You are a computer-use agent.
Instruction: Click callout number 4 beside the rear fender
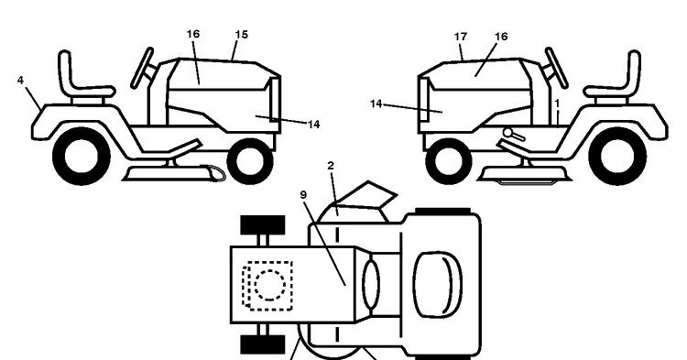(x=20, y=81)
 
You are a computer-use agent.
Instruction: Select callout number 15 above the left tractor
(x=242, y=35)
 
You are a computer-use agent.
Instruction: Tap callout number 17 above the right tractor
(x=461, y=37)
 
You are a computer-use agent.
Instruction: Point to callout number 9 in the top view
(x=303, y=195)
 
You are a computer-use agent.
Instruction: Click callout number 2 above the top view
(x=331, y=166)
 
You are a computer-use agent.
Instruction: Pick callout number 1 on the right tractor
(x=557, y=104)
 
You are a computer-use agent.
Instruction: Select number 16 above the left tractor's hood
(x=193, y=34)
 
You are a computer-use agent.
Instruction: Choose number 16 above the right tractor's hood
(x=501, y=37)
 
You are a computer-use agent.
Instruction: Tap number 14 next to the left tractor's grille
(x=313, y=125)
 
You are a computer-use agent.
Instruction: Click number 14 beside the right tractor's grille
(x=376, y=104)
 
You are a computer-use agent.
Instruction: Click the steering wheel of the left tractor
(x=142, y=69)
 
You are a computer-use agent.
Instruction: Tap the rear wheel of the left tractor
(x=82, y=157)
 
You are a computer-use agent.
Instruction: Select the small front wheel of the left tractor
(x=250, y=161)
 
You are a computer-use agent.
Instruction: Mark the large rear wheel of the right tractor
(x=617, y=157)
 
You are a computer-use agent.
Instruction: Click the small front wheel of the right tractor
(x=449, y=161)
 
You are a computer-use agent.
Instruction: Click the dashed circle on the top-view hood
(x=269, y=286)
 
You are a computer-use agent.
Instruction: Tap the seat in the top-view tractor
(x=437, y=284)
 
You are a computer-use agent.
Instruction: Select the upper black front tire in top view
(x=263, y=224)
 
